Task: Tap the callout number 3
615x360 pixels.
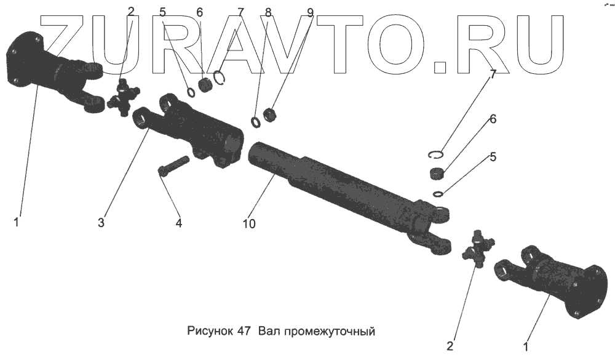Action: [101, 222]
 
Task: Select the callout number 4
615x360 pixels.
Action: [178, 223]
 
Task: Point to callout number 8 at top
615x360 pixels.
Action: [268, 12]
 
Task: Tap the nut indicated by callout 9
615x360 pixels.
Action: [269, 114]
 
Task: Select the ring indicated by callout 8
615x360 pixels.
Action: [256, 122]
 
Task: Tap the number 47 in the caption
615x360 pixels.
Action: [242, 331]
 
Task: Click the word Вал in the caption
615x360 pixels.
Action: [268, 331]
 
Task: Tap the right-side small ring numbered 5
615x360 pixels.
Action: [437, 194]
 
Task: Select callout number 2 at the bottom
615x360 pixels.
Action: [450, 346]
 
